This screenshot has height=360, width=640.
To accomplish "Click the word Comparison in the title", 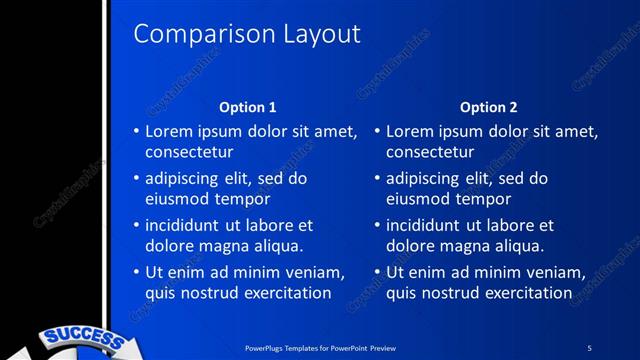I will point(188,34).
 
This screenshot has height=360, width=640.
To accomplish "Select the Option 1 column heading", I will point(247,107).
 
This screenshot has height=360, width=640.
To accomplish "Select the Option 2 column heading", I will point(487,107).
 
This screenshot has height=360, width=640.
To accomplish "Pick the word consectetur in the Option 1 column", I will point(189,152).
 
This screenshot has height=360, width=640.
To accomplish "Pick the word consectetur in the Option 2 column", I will point(430,152).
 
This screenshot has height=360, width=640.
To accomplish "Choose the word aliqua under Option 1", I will point(273,246).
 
